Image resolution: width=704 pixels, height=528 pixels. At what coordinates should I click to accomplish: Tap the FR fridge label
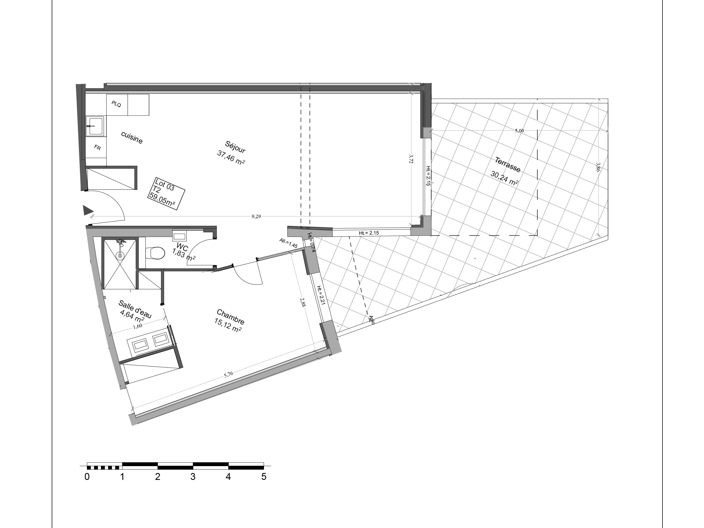[97, 147]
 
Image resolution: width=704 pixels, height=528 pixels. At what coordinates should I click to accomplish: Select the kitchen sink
[95, 126]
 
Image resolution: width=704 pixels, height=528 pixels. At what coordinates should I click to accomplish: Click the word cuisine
[132, 137]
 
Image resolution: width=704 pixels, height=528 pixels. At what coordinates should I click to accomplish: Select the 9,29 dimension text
[256, 216]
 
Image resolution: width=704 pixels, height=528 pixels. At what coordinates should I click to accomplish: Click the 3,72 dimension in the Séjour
[411, 159]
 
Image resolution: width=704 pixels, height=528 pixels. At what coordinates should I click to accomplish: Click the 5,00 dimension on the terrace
[519, 131]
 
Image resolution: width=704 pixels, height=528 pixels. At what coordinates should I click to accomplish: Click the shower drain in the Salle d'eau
[120, 255]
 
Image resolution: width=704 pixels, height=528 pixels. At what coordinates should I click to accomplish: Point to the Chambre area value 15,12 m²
[228, 325]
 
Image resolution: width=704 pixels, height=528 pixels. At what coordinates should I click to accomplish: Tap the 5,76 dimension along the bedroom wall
[229, 375]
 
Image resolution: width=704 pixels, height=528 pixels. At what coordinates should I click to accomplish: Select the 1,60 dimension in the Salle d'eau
[137, 325]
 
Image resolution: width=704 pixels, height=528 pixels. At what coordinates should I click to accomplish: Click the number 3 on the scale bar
[193, 477]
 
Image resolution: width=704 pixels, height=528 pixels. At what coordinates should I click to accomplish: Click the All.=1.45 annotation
[288, 243]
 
